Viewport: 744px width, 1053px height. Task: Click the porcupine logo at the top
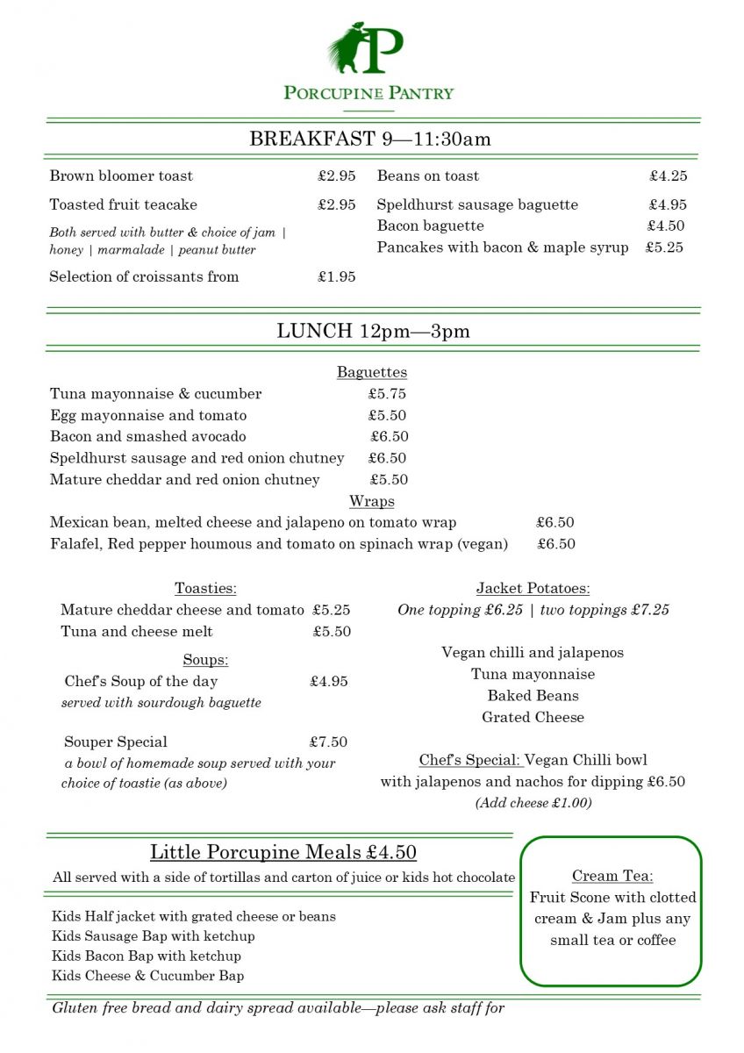(x=366, y=49)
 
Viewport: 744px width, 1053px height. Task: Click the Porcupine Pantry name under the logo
(x=368, y=93)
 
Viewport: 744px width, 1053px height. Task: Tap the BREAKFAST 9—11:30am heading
(x=370, y=139)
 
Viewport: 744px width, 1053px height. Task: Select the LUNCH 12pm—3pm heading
(x=373, y=331)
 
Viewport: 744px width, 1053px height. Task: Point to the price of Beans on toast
(x=669, y=175)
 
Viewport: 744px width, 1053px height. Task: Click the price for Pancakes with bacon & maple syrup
(x=664, y=247)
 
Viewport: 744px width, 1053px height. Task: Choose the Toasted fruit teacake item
(x=124, y=204)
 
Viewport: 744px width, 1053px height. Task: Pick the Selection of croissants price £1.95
(x=337, y=276)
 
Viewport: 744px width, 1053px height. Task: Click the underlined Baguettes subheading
(x=372, y=372)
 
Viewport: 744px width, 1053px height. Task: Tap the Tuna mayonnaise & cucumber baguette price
(x=387, y=394)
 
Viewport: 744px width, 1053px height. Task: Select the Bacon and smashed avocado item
(x=148, y=436)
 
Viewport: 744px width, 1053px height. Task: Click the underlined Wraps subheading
(x=372, y=501)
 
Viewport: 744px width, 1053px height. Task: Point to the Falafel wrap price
(x=556, y=544)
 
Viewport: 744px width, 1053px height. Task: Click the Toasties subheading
(x=205, y=588)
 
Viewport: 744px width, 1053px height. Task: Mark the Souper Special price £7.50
(x=328, y=741)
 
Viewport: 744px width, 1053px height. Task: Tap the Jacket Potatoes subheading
(x=533, y=588)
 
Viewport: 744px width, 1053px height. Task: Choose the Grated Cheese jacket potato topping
(x=533, y=717)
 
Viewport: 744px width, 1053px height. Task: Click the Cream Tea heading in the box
(x=612, y=876)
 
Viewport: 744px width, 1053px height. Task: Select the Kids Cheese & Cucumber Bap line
(x=148, y=976)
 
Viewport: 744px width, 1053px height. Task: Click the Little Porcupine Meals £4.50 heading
(x=283, y=852)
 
